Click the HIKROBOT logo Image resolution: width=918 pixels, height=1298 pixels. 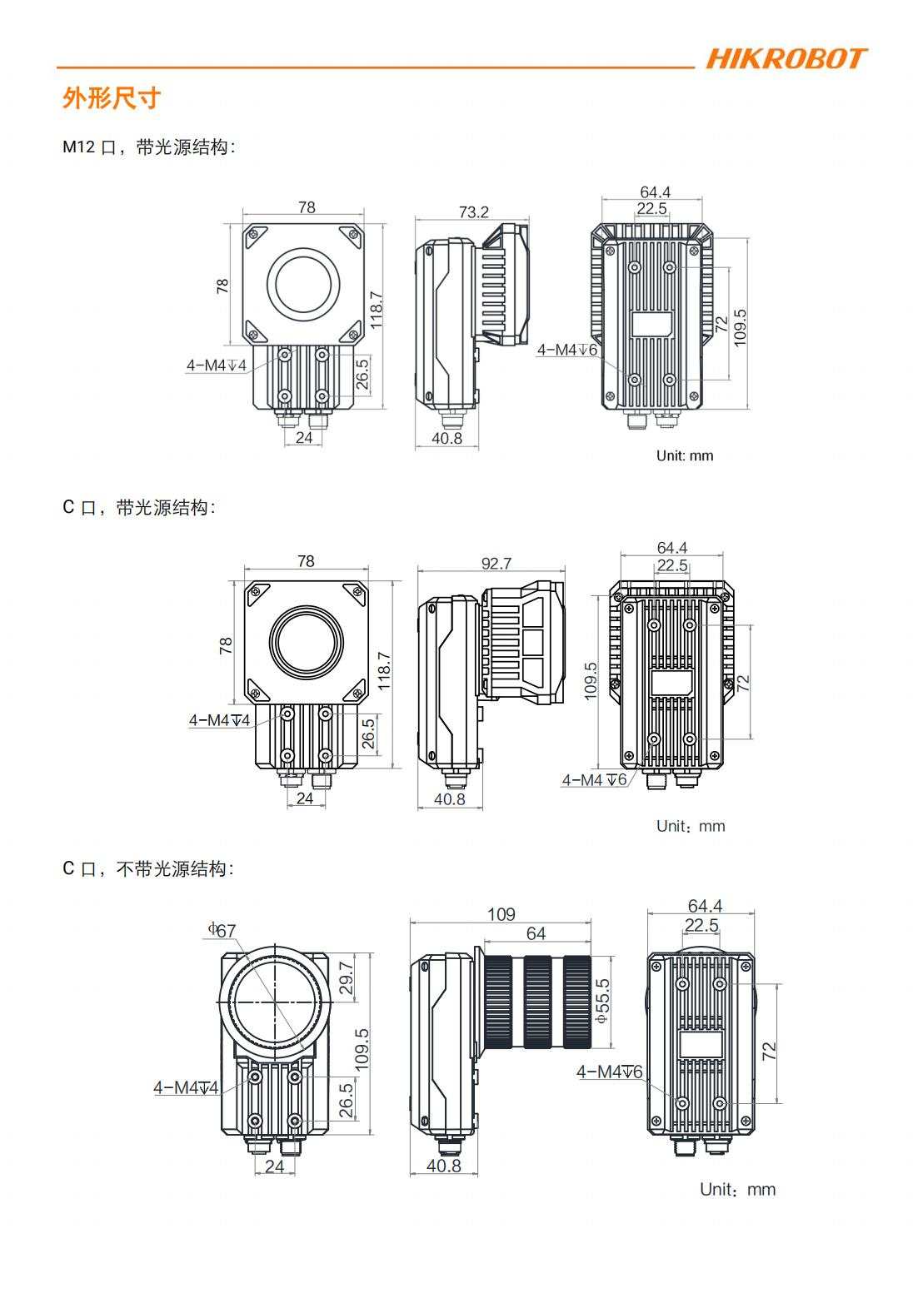(x=786, y=59)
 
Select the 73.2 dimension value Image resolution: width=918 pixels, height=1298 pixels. (x=473, y=212)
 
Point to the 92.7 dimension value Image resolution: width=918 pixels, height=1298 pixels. (x=496, y=564)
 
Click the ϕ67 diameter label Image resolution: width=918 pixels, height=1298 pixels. (x=222, y=930)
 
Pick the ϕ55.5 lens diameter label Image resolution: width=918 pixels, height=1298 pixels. (x=603, y=1002)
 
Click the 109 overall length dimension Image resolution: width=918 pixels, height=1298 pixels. (x=501, y=914)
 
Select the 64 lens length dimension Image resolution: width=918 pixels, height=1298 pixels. (x=536, y=933)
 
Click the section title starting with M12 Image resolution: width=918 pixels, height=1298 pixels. (x=149, y=147)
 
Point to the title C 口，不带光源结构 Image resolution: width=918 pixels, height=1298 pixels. (x=148, y=868)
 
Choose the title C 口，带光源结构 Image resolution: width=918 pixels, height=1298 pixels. (x=139, y=507)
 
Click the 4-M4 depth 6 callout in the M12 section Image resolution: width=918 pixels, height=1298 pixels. (x=566, y=350)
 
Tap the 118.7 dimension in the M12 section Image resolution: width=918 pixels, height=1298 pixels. (x=376, y=310)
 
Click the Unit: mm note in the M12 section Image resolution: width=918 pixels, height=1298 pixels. (x=685, y=455)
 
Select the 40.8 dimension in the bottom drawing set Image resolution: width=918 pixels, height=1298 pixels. (x=443, y=1166)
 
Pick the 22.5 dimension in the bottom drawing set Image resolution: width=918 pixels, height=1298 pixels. (x=701, y=925)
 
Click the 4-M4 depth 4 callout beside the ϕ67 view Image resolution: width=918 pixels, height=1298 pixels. (x=185, y=1087)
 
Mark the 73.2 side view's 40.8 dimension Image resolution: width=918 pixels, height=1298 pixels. (x=447, y=438)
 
